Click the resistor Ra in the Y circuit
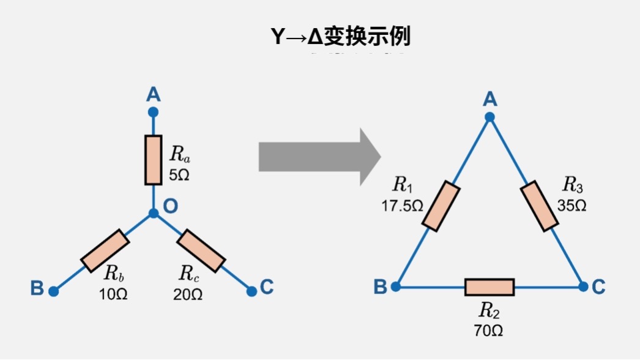[153, 160]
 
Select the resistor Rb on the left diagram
[105, 251]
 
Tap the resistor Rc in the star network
[202, 250]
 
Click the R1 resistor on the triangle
[441, 206]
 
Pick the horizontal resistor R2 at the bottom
[489, 287]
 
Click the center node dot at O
[153, 214]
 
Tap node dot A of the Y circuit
[153, 112]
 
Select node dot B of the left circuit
[54, 291]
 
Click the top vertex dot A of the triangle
[489, 117]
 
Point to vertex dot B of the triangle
[396, 286]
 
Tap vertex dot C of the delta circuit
[583, 286]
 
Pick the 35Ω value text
[572, 206]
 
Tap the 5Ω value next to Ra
[179, 175]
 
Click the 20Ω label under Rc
[187, 294]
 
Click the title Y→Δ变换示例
[341, 37]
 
